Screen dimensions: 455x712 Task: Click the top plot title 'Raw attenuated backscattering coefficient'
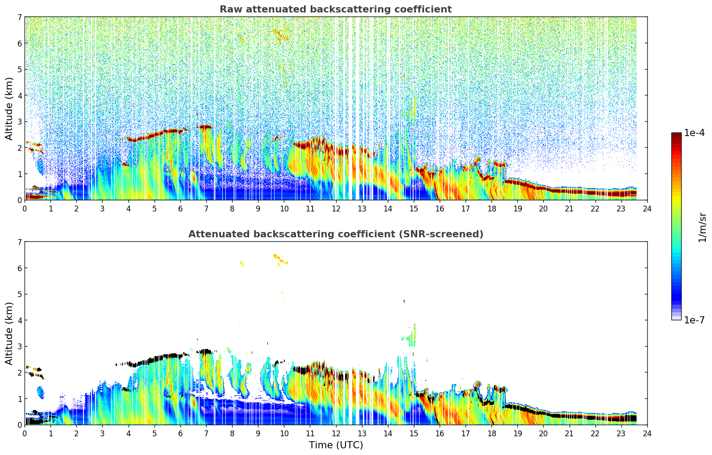coord(336,9)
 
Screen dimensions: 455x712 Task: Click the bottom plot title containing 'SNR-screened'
coord(336,234)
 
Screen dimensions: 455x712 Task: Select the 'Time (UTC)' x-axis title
coord(336,445)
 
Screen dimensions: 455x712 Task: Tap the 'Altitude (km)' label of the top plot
coord(9,108)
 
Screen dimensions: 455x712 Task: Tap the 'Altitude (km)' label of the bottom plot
coord(9,333)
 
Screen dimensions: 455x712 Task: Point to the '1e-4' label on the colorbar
coord(694,133)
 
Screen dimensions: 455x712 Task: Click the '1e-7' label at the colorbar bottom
coord(694,320)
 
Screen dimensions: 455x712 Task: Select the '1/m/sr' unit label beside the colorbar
coord(702,227)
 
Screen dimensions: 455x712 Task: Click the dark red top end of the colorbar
coord(676,135)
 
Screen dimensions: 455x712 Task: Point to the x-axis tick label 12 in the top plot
coord(336,209)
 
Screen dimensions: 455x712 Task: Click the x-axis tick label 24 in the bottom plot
coord(647,434)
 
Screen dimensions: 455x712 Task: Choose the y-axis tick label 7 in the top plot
coord(19,17)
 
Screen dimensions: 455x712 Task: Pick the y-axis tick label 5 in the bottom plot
coord(19,294)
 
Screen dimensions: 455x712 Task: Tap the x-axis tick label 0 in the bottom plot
coord(25,434)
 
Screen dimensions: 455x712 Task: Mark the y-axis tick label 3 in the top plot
coord(19,122)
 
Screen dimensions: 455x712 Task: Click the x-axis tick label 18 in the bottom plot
coord(491,434)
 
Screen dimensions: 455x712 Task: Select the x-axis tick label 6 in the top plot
coord(180,209)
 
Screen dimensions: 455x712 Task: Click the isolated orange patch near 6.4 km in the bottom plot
coord(280,259)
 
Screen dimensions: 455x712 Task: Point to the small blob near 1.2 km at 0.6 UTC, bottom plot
coord(41,393)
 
